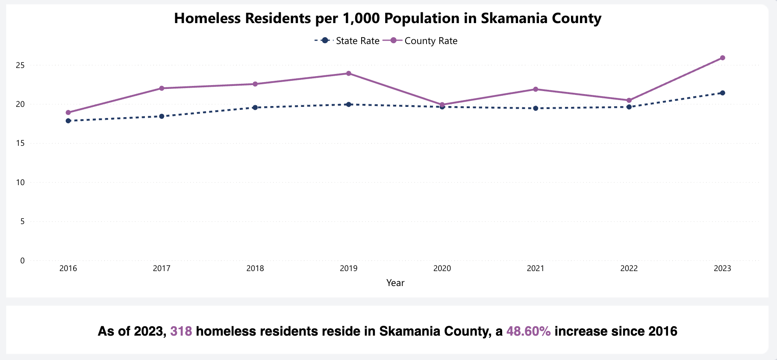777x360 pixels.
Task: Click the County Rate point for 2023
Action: tap(722, 58)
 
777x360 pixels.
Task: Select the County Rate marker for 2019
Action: tap(349, 74)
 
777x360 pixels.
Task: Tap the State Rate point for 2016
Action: tap(68, 121)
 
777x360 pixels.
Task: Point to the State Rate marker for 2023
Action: tap(722, 93)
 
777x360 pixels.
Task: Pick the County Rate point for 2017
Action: tap(162, 88)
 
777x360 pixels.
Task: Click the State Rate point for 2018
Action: tap(255, 107)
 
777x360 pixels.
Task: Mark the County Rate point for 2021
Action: tap(536, 89)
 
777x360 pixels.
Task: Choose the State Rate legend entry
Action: tap(347, 41)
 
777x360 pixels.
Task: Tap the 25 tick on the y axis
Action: tap(20, 65)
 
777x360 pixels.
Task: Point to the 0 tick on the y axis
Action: tap(22, 260)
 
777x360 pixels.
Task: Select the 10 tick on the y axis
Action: tap(20, 183)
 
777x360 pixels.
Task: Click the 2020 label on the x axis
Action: tap(442, 269)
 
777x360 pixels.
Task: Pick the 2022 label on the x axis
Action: tap(629, 269)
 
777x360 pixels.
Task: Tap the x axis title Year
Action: tap(395, 283)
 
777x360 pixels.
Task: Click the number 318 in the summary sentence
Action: tap(181, 331)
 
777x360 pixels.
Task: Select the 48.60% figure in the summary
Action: tap(529, 331)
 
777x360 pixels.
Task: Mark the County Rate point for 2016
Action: tap(68, 112)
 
